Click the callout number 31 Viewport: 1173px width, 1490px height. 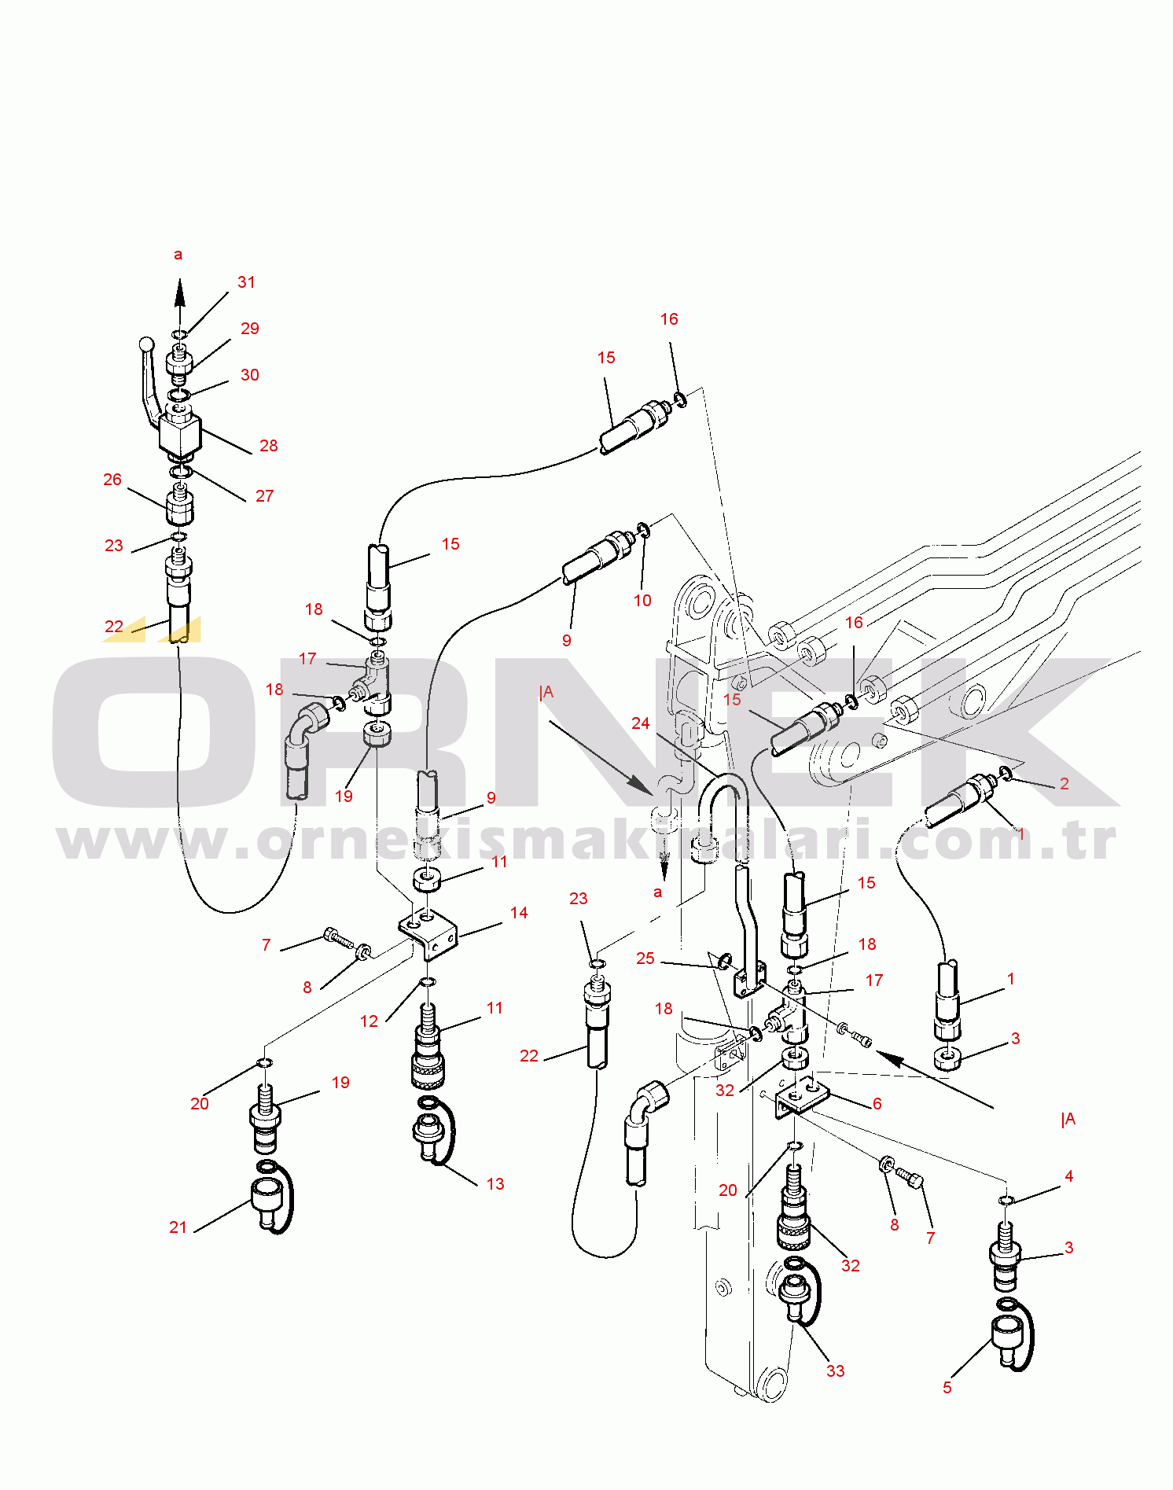[x=246, y=282]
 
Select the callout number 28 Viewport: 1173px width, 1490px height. [x=268, y=446]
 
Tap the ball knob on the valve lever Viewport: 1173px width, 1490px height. [x=146, y=344]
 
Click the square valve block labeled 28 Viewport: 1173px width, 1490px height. [x=180, y=433]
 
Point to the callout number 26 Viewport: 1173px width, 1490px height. [x=112, y=480]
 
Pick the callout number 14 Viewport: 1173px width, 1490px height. [x=519, y=913]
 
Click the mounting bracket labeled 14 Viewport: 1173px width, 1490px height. [x=428, y=933]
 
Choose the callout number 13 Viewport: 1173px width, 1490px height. [x=495, y=1184]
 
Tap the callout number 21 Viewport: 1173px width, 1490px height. [x=178, y=1227]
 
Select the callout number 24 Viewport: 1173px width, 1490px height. [x=641, y=723]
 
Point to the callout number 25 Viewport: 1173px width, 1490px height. [x=645, y=958]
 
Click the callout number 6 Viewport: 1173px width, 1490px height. [x=877, y=1104]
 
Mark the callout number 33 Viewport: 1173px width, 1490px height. [x=836, y=1371]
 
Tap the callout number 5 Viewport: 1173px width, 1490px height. [x=947, y=1388]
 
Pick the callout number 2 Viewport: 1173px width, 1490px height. [x=1065, y=784]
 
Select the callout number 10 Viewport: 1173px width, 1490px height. [x=642, y=601]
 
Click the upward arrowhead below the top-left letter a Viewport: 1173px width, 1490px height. [x=180, y=292]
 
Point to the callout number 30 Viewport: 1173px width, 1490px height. [x=250, y=375]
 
